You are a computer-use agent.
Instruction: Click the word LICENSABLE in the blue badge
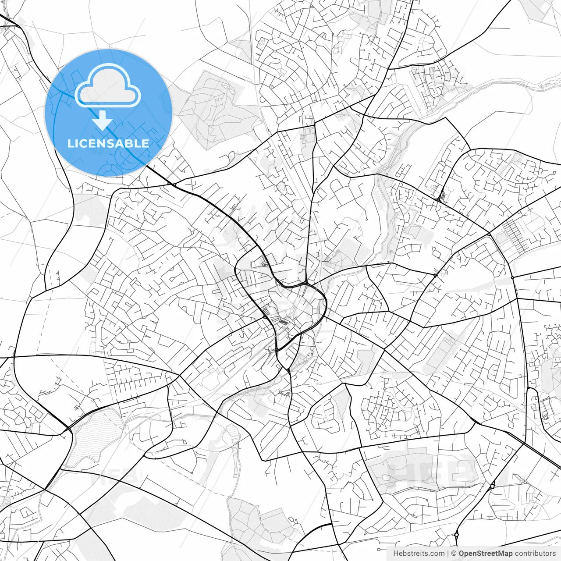[108, 143]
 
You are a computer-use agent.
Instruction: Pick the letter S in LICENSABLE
[110, 143]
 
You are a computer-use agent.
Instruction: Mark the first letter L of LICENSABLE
[71, 143]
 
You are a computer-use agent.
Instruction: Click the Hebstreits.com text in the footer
[419, 554]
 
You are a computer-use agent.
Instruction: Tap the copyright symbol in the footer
[454, 554]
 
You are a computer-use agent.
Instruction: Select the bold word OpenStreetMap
[486, 554]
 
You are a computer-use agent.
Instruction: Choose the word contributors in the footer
[535, 554]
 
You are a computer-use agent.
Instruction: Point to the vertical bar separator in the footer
[448, 554]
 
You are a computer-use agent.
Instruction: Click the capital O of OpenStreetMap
[462, 554]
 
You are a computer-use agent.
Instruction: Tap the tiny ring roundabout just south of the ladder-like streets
[512, 277]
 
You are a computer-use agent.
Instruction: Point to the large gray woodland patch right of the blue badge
[215, 110]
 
